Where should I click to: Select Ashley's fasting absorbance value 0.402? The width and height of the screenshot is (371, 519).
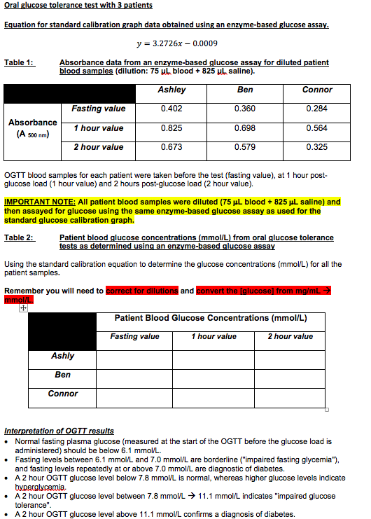pyautogui.click(x=171, y=109)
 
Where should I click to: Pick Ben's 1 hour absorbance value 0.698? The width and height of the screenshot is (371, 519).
pyautogui.click(x=245, y=128)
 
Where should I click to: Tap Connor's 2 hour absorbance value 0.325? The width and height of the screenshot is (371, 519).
pyautogui.click(x=317, y=147)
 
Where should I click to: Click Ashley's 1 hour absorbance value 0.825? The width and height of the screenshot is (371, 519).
pyautogui.click(x=171, y=128)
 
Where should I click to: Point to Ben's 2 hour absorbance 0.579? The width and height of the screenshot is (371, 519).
pyautogui.click(x=245, y=147)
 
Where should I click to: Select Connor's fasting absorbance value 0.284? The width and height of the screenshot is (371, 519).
pyautogui.click(x=317, y=109)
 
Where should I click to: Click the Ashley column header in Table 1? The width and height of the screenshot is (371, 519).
pyautogui.click(x=171, y=90)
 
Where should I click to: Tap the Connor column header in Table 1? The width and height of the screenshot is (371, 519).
pyautogui.click(x=317, y=90)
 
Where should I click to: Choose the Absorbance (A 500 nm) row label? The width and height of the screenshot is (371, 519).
pyautogui.click(x=33, y=127)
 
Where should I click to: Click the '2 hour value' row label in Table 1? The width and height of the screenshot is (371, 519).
pyautogui.click(x=99, y=147)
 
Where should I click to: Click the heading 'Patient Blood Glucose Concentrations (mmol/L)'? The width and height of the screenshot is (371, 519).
pyautogui.click(x=211, y=319)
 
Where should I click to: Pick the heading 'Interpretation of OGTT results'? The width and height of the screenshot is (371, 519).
pyautogui.click(x=59, y=430)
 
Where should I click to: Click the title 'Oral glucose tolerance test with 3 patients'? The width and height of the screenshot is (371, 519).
pyautogui.click(x=78, y=6)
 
